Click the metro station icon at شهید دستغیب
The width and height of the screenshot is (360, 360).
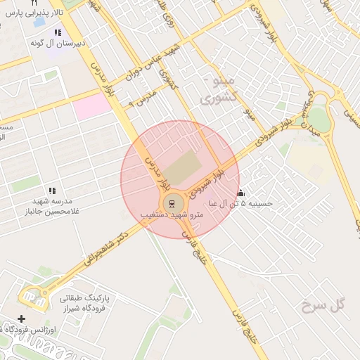click(169, 204)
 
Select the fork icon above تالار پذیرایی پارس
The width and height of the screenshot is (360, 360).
click(34, 4)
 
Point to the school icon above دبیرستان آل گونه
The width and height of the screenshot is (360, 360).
click(57, 32)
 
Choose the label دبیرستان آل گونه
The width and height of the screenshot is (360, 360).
click(58, 43)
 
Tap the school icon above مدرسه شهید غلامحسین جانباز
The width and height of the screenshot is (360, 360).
click(52, 191)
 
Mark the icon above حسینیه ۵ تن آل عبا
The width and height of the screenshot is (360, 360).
click(240, 193)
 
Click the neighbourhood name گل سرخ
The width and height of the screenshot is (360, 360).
click(323, 304)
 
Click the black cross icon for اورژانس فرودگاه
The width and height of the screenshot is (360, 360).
click(21, 319)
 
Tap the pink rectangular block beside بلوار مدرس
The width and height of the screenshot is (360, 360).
click(93, 106)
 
